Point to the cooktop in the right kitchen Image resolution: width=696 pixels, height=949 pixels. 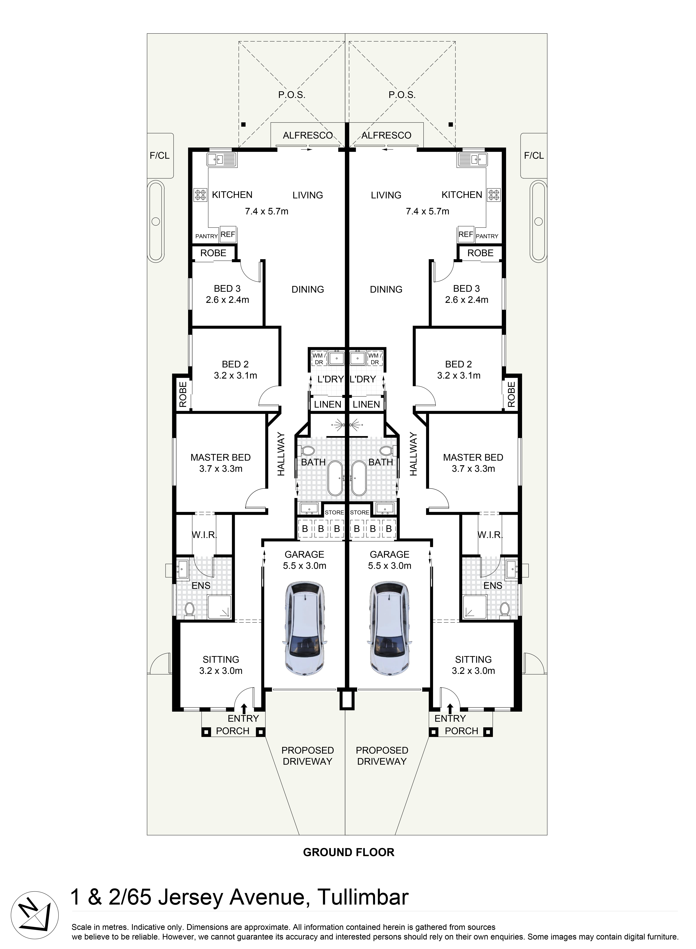494,195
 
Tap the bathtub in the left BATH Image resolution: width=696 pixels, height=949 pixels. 336,478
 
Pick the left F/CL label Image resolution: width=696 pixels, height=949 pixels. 160,155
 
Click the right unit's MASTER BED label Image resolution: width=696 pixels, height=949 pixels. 473,457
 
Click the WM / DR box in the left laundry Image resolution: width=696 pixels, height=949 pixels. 319,359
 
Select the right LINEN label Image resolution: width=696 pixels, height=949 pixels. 366,404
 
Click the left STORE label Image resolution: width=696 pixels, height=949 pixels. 334,512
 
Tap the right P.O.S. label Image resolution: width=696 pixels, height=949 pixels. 402,95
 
